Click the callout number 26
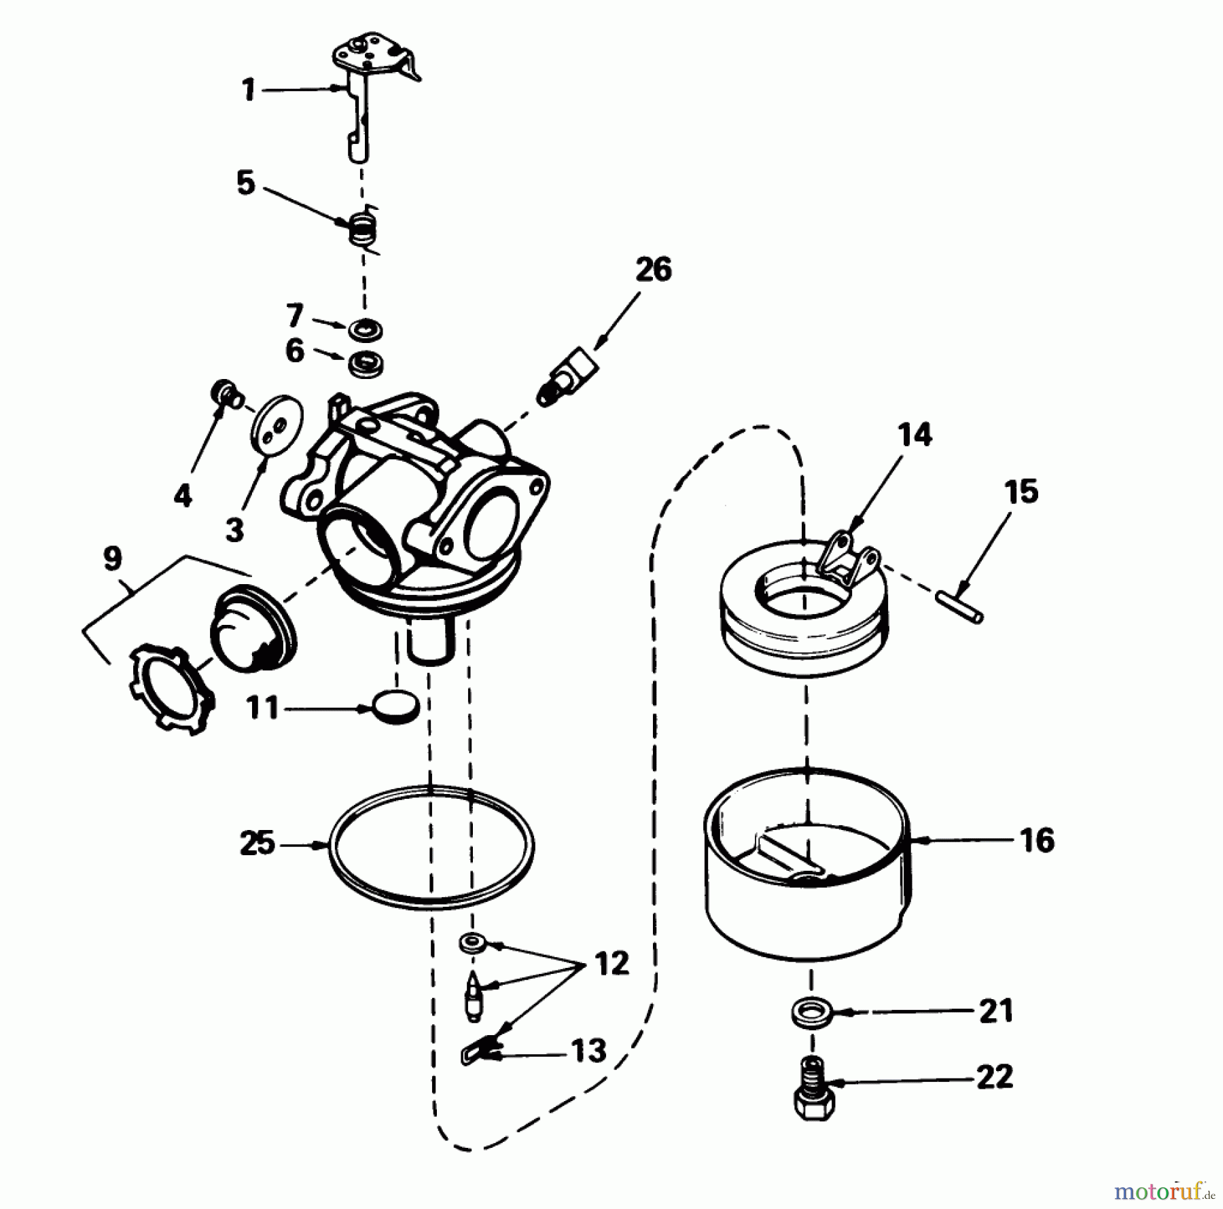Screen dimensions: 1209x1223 click(653, 270)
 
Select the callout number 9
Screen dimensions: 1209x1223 click(113, 559)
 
